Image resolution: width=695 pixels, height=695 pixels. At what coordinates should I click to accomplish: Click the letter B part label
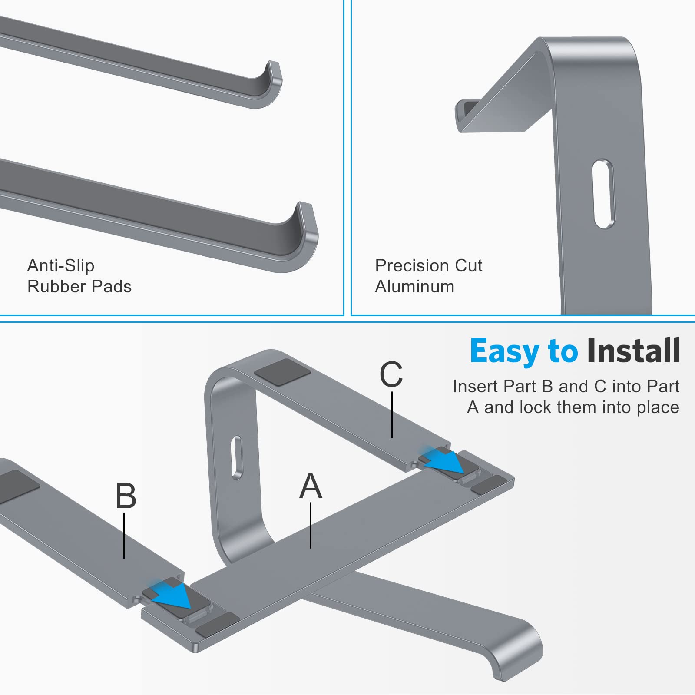click(x=126, y=496)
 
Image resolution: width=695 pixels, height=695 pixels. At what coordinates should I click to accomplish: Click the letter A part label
click(x=311, y=486)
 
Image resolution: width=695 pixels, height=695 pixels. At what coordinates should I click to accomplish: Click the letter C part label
click(x=391, y=374)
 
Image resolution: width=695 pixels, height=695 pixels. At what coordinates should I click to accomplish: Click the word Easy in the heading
click(x=504, y=351)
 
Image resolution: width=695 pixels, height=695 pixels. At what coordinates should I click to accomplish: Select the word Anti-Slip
click(x=61, y=265)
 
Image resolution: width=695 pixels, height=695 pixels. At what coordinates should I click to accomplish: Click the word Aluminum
click(x=415, y=287)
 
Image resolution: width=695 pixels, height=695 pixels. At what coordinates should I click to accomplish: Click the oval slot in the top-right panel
click(x=604, y=194)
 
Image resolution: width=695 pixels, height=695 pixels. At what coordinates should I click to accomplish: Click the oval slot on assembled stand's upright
click(x=237, y=458)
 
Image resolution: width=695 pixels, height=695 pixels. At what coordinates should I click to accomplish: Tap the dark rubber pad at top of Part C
click(x=282, y=372)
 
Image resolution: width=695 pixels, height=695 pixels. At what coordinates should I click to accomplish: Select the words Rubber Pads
click(x=79, y=287)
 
